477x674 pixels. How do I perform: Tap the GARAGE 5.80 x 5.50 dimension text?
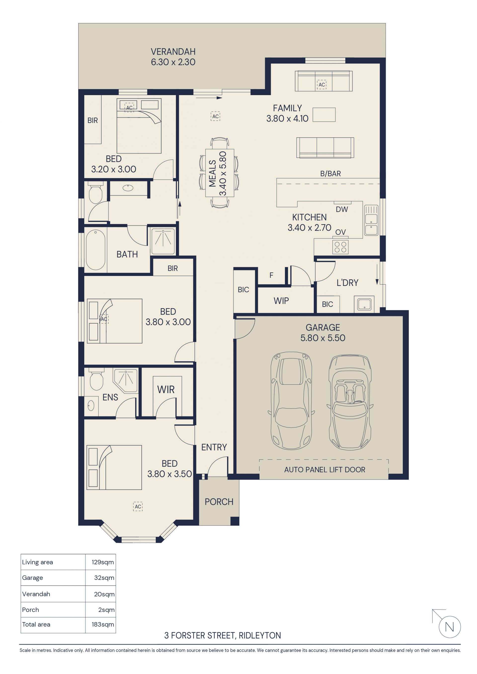pos(322,338)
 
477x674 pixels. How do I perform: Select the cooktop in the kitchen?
pos(340,247)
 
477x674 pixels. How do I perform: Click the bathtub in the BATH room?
pos(95,250)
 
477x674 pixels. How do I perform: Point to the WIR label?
pos(166,390)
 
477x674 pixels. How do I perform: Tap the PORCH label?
pos(219,502)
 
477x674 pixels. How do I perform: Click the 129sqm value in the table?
pos(103,562)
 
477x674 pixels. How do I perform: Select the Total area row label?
pos(36,624)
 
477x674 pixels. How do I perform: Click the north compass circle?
pos(450,627)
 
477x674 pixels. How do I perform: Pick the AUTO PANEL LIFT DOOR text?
pos(324,470)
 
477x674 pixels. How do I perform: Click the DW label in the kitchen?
pos(342,209)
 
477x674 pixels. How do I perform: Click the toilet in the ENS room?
pos(96,380)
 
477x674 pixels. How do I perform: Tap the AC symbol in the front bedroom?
pos(138,506)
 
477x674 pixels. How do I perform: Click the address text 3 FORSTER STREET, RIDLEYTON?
pos(222,636)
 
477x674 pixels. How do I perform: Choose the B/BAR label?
pos(330,174)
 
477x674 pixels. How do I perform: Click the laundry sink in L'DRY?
pos(364,304)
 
